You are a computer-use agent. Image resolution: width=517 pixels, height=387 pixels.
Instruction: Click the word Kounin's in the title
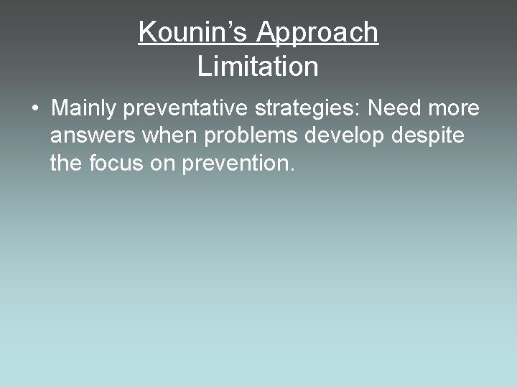(193, 32)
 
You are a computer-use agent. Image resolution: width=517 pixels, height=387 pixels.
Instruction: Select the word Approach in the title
(317, 32)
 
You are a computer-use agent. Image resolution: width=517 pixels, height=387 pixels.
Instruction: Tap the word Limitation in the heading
(258, 67)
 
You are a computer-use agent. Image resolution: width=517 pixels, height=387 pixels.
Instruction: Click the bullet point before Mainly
(34, 109)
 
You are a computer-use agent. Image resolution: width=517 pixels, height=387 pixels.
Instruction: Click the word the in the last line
(66, 163)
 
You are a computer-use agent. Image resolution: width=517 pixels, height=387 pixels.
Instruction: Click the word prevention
(234, 163)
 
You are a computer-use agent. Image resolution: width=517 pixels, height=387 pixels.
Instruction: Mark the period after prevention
(292, 171)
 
